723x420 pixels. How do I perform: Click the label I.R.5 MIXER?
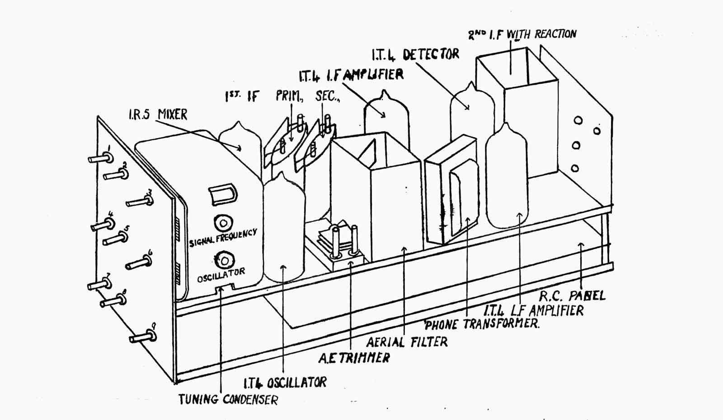pyautogui.click(x=158, y=115)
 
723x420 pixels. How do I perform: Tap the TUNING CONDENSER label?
pyautogui.click(x=228, y=399)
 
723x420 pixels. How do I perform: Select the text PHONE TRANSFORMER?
pyautogui.click(x=482, y=324)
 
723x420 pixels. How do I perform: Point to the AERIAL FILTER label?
pyautogui.click(x=407, y=342)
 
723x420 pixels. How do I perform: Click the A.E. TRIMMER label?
pyautogui.click(x=354, y=358)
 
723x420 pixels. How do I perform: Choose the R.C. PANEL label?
pyautogui.click(x=572, y=296)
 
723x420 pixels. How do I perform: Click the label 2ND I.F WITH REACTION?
pyautogui.click(x=522, y=34)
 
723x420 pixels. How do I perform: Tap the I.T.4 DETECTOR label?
pyautogui.click(x=415, y=55)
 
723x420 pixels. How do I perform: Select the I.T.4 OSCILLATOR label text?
pyautogui.click(x=285, y=383)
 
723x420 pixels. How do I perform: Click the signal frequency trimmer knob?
pyautogui.click(x=223, y=222)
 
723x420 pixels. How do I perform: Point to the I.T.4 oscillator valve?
pyautogui.click(x=284, y=230)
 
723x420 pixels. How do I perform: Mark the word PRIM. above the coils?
pyautogui.click(x=289, y=96)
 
